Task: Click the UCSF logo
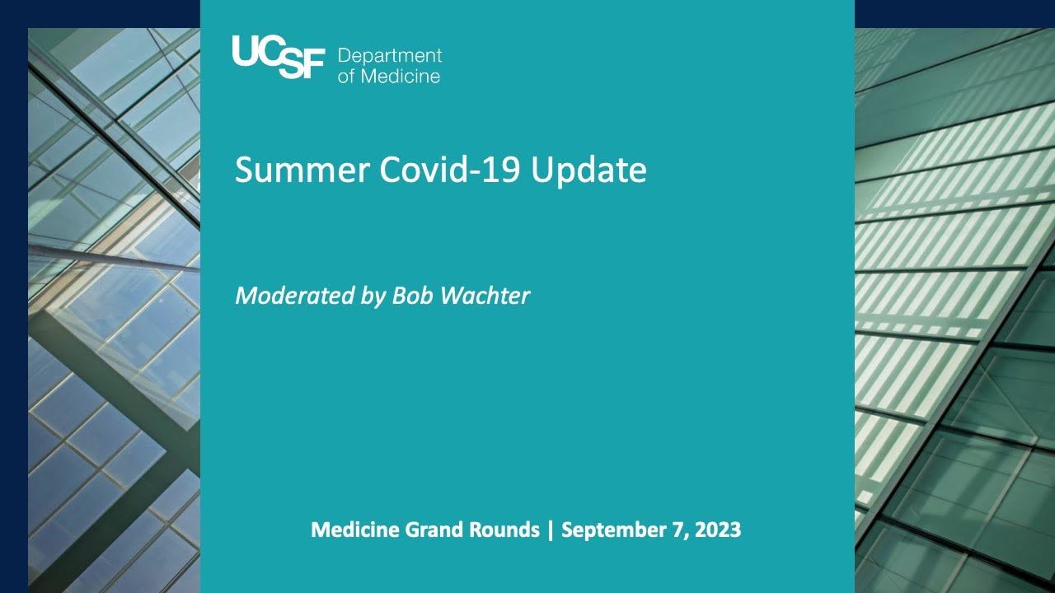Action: click(279, 57)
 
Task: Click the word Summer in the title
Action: click(302, 170)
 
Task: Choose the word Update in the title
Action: click(588, 170)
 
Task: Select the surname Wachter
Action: click(485, 296)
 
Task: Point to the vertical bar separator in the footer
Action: click(551, 530)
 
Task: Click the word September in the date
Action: click(612, 530)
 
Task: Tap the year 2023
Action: click(718, 530)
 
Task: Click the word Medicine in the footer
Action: click(354, 530)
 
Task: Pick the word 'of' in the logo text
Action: click(345, 76)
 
